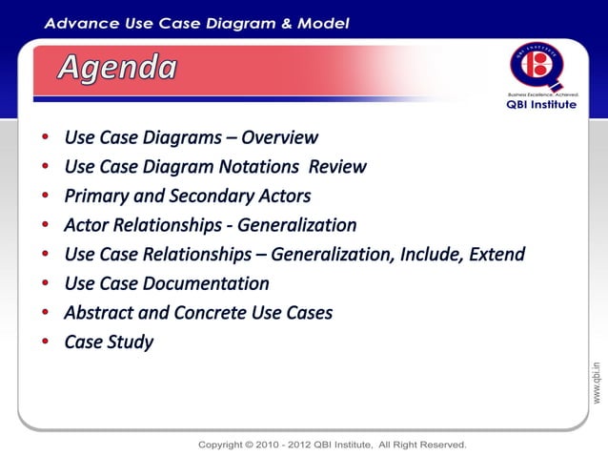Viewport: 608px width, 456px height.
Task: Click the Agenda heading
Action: (x=118, y=68)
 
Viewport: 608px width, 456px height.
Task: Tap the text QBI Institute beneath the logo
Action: (x=540, y=105)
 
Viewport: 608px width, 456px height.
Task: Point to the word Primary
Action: (x=97, y=197)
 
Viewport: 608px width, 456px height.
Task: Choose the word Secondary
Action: (x=211, y=197)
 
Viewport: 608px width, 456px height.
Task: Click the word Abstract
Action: (x=100, y=313)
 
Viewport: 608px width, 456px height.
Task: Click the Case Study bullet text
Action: (x=109, y=342)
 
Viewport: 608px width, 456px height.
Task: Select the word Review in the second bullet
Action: (x=336, y=167)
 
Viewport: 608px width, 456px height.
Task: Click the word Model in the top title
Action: (x=323, y=23)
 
